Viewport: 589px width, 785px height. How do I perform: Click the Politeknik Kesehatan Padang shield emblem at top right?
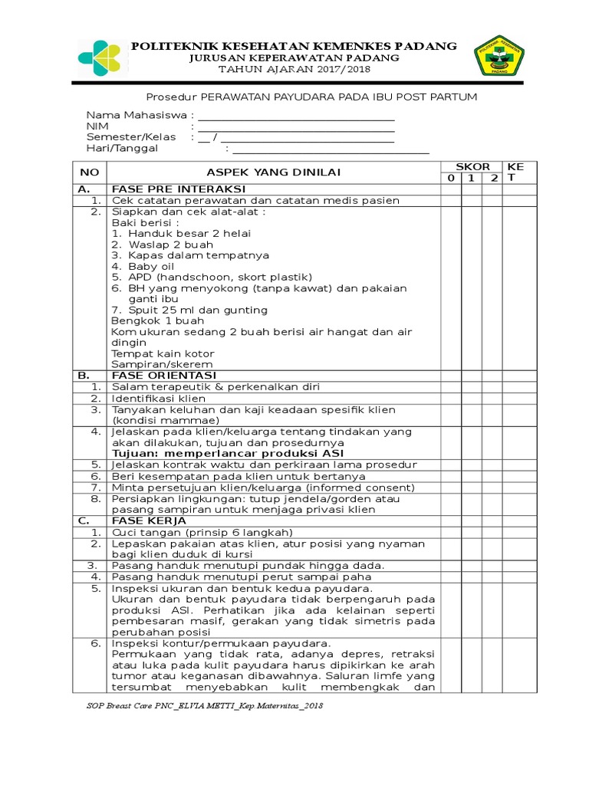(498, 57)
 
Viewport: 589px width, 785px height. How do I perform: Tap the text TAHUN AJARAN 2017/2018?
(294, 69)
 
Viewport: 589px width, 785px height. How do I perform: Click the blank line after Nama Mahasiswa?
(296, 116)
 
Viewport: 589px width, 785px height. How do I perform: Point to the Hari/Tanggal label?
(122, 148)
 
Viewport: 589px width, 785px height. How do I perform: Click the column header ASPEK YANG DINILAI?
(273, 172)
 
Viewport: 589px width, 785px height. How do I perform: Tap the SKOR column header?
(472, 166)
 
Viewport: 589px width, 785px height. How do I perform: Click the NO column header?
(89, 172)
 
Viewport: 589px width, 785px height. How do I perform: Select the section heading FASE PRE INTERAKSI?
(179, 189)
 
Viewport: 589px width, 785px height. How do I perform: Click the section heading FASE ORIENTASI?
(164, 376)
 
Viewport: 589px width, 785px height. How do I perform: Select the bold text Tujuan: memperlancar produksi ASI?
(222, 454)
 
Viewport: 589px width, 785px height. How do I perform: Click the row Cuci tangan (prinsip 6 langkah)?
(202, 532)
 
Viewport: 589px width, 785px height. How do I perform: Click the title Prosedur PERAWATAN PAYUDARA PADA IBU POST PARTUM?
(311, 97)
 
